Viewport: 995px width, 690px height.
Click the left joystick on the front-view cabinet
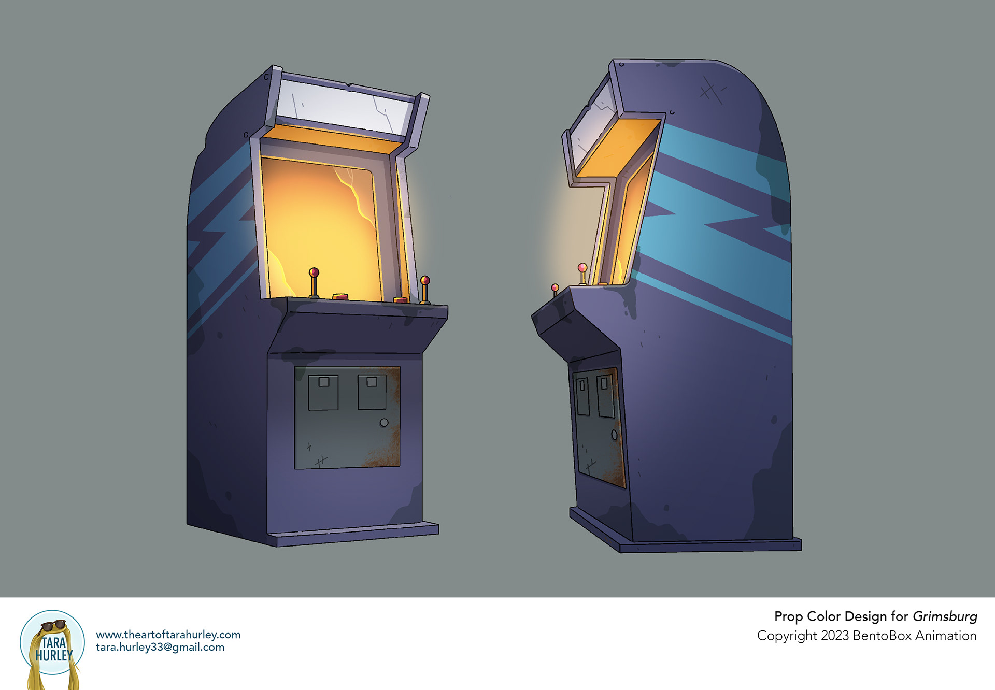(x=314, y=282)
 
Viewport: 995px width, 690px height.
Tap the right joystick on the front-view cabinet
(x=425, y=290)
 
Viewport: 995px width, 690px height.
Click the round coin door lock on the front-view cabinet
(x=384, y=423)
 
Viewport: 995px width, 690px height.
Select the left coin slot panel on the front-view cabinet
(x=323, y=393)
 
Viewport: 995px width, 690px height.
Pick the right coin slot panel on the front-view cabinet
(x=372, y=392)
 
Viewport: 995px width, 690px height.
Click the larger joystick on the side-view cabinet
(x=582, y=274)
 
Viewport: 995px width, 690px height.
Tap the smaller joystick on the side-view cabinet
(x=555, y=291)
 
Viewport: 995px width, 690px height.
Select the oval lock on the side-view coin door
(x=615, y=435)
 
